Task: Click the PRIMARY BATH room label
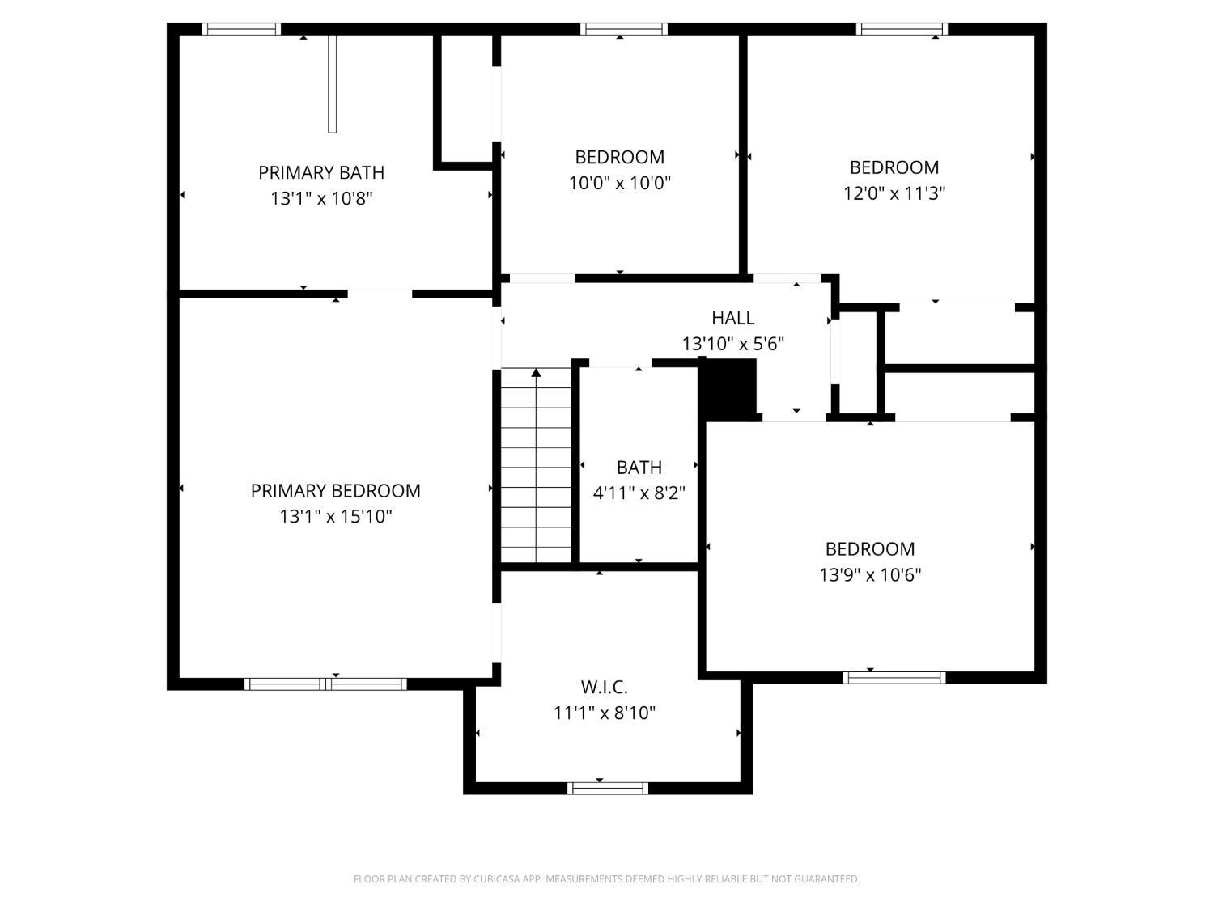pos(320,172)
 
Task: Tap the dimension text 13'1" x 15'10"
pos(336,516)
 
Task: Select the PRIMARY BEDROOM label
pos(335,490)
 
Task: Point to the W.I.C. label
pos(604,688)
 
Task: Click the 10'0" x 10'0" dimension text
pos(620,183)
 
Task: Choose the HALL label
pos(732,318)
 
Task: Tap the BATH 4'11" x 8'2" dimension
pos(639,493)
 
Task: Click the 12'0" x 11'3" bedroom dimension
pos(894,193)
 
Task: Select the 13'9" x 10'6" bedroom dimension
pos(870,574)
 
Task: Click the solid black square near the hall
pos(727,387)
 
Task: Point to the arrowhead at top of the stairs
pos(536,373)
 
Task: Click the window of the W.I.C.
pos(608,788)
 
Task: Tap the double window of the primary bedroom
pos(325,684)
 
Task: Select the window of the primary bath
pos(242,29)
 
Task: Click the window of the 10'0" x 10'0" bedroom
pos(624,29)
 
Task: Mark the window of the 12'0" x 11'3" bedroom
pos(902,29)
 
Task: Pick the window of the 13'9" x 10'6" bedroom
pos(894,678)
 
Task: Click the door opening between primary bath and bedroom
pos(380,294)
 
